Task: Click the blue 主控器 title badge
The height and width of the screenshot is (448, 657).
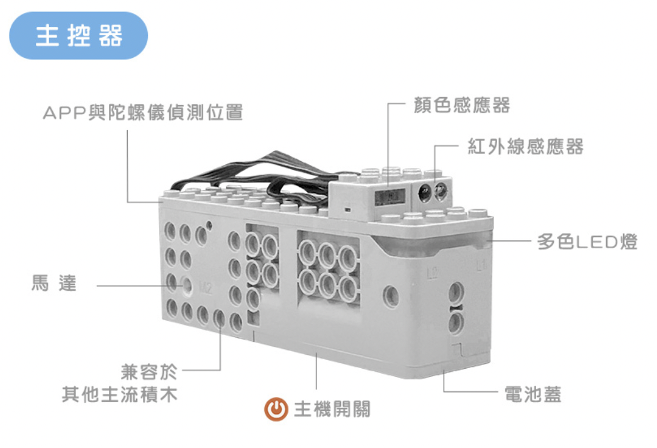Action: [79, 36]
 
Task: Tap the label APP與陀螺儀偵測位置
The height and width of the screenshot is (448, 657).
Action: [143, 112]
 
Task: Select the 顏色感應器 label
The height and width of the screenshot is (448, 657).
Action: [461, 105]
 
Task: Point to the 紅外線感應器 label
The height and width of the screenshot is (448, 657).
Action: [525, 146]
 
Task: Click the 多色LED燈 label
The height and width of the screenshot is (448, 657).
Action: [587, 242]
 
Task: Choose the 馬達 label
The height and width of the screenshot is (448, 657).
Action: [54, 283]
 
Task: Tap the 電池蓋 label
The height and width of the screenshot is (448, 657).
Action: [532, 395]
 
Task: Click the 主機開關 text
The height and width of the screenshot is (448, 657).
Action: [332, 409]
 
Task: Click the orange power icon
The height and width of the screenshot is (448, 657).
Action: [276, 409]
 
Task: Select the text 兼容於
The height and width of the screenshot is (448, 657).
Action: [149, 372]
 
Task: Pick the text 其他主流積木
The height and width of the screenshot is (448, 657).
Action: [120, 395]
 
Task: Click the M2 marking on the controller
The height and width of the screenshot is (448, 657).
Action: [206, 288]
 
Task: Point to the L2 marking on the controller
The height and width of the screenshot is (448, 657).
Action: [432, 273]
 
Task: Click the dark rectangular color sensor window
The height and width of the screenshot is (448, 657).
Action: [390, 196]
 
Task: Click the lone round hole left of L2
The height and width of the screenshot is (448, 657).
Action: [391, 296]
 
